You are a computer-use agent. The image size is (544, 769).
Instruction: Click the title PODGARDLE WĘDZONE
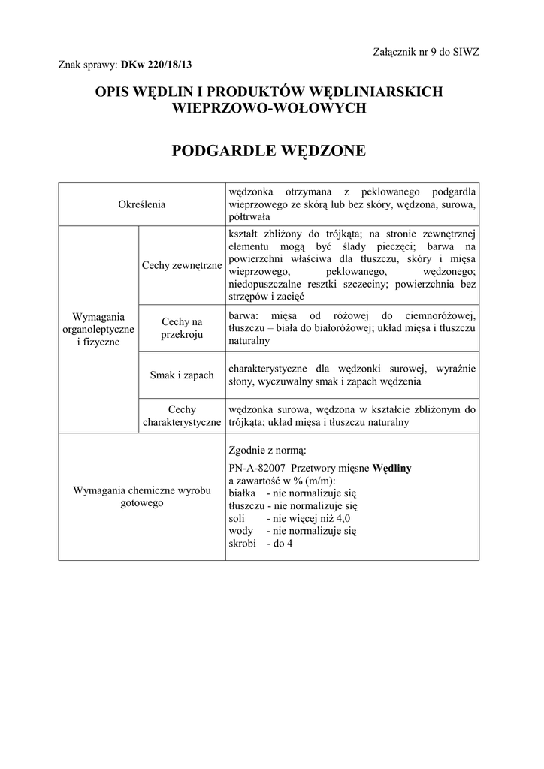(269, 151)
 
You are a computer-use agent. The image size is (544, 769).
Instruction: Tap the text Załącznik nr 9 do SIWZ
(425, 51)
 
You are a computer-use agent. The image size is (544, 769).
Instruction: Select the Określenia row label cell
(142, 204)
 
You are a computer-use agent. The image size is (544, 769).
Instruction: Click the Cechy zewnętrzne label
(182, 265)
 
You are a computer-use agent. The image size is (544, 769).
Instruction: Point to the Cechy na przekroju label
(182, 328)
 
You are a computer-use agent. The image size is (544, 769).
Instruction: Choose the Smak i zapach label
(182, 375)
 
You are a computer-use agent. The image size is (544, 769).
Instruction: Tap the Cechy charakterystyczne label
(182, 416)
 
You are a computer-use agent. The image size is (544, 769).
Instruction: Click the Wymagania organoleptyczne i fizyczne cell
(98, 330)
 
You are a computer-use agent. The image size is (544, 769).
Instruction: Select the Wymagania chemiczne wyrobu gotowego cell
(142, 496)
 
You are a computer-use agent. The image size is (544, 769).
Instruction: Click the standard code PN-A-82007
(255, 468)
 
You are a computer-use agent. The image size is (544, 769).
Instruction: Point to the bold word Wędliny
(391, 468)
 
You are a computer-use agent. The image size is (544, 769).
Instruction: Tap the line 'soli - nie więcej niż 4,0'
(289, 518)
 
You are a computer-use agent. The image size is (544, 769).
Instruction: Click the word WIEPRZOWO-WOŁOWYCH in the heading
(269, 108)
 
